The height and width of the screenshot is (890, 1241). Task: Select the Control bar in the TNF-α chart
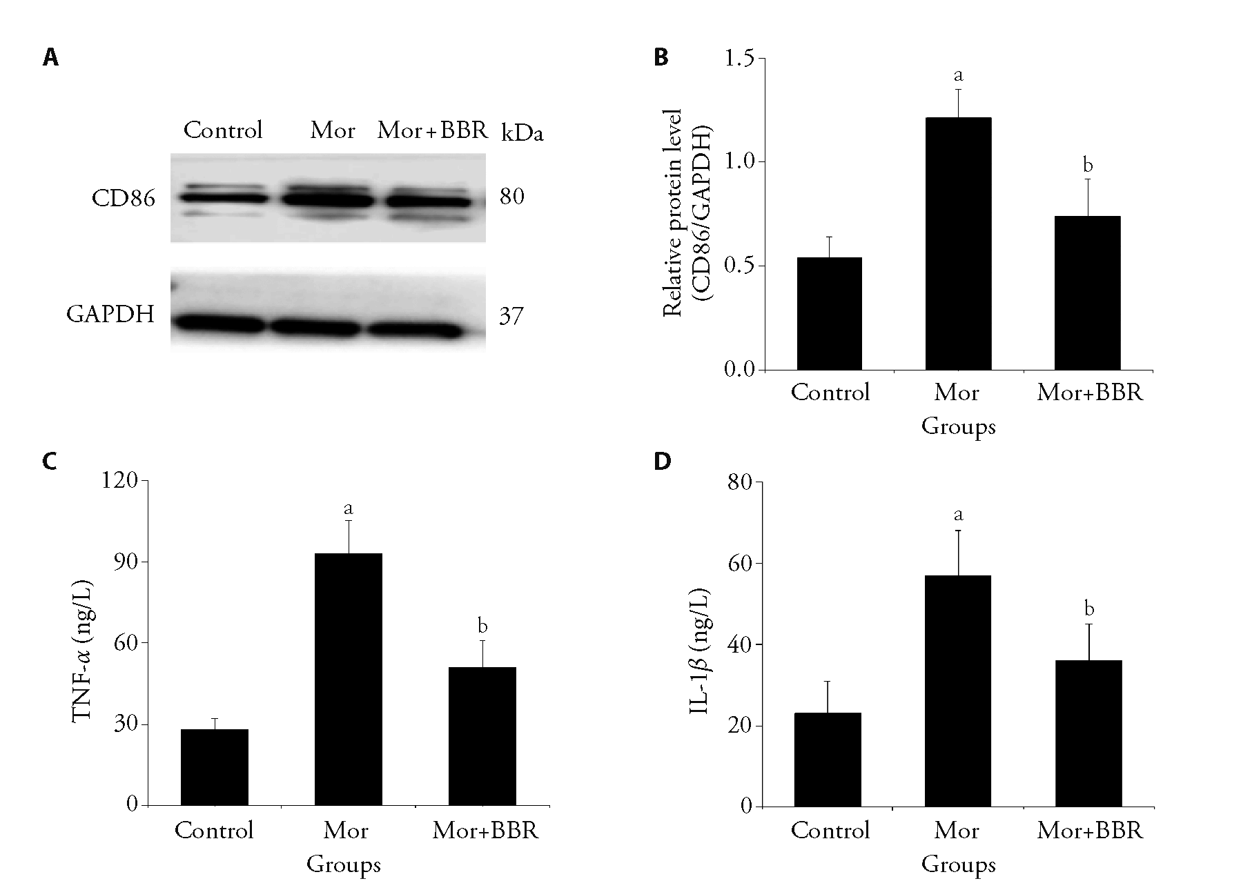[214, 767]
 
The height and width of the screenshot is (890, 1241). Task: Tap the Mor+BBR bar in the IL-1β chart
[1088, 733]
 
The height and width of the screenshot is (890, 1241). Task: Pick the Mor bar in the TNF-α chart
[348, 679]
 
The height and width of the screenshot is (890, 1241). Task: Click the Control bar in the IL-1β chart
[828, 760]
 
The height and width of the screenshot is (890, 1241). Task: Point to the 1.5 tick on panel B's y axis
[741, 59]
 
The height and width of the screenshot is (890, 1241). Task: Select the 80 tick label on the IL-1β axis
[741, 482]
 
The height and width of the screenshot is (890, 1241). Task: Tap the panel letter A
[50, 58]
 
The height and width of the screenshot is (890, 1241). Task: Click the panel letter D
[662, 461]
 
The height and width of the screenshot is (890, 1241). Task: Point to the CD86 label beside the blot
[124, 199]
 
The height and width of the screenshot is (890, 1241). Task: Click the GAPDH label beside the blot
[110, 315]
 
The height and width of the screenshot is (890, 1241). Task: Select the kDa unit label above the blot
[522, 133]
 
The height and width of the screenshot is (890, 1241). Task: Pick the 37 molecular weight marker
[511, 317]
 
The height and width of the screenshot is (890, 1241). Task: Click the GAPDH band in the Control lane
[219, 324]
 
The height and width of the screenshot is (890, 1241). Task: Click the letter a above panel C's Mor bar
[349, 509]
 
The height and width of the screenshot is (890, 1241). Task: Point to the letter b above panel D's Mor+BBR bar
[1089, 609]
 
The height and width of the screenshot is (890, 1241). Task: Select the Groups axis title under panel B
[958, 426]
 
